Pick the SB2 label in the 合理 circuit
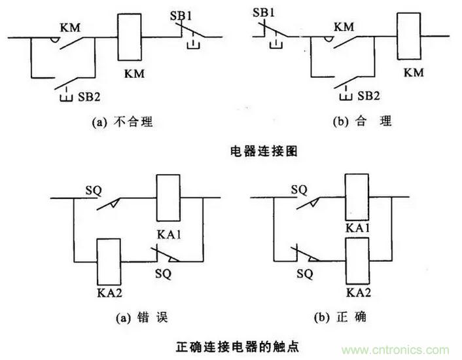coord(368,96)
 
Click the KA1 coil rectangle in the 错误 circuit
coord(168,198)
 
